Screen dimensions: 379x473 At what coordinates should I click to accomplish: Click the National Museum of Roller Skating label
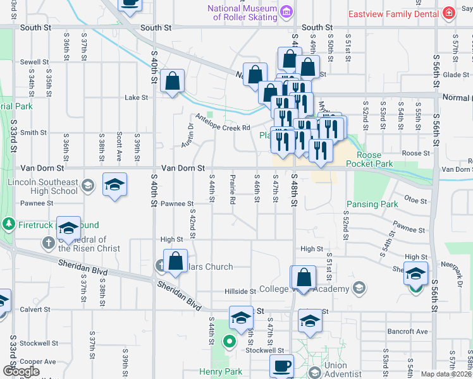coord(242,13)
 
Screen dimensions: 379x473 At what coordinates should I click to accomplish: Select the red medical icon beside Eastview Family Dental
coord(448,13)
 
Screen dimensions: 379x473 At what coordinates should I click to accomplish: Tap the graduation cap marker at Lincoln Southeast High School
coord(114,184)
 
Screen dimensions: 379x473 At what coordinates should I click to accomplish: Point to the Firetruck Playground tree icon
coord(9,224)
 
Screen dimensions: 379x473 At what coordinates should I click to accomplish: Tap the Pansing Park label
coord(372,204)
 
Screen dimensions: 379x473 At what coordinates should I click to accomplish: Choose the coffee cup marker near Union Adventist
coord(281,366)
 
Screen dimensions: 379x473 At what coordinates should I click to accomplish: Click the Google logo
coord(21,371)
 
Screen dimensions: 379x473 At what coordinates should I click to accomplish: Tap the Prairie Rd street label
coord(233,189)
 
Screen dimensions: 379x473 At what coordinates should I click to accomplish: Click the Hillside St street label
coord(240,291)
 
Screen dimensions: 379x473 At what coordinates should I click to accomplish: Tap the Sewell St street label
coord(34,62)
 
